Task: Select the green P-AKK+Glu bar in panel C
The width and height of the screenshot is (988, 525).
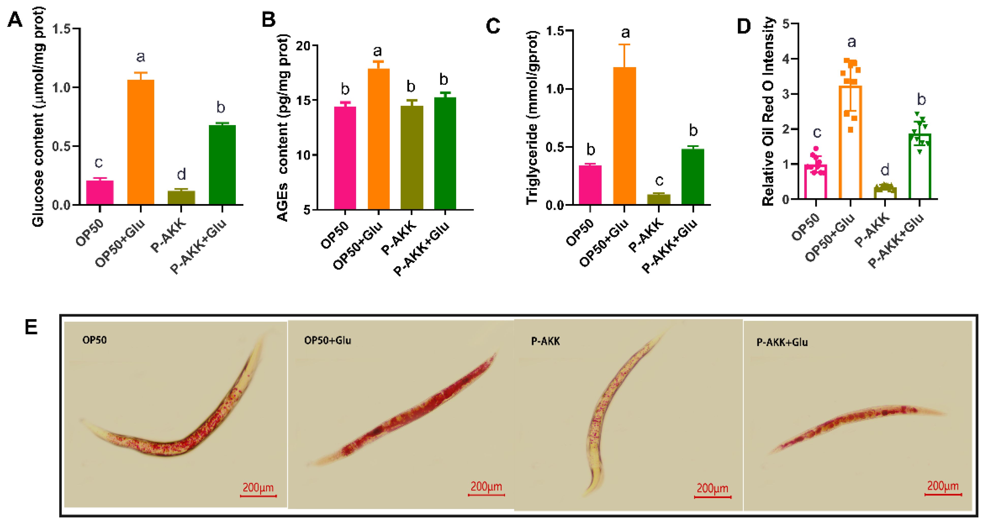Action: pyautogui.click(x=693, y=176)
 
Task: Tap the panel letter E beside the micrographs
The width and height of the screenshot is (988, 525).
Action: pyautogui.click(x=32, y=327)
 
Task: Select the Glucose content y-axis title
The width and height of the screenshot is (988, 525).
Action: pyautogui.click(x=38, y=117)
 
